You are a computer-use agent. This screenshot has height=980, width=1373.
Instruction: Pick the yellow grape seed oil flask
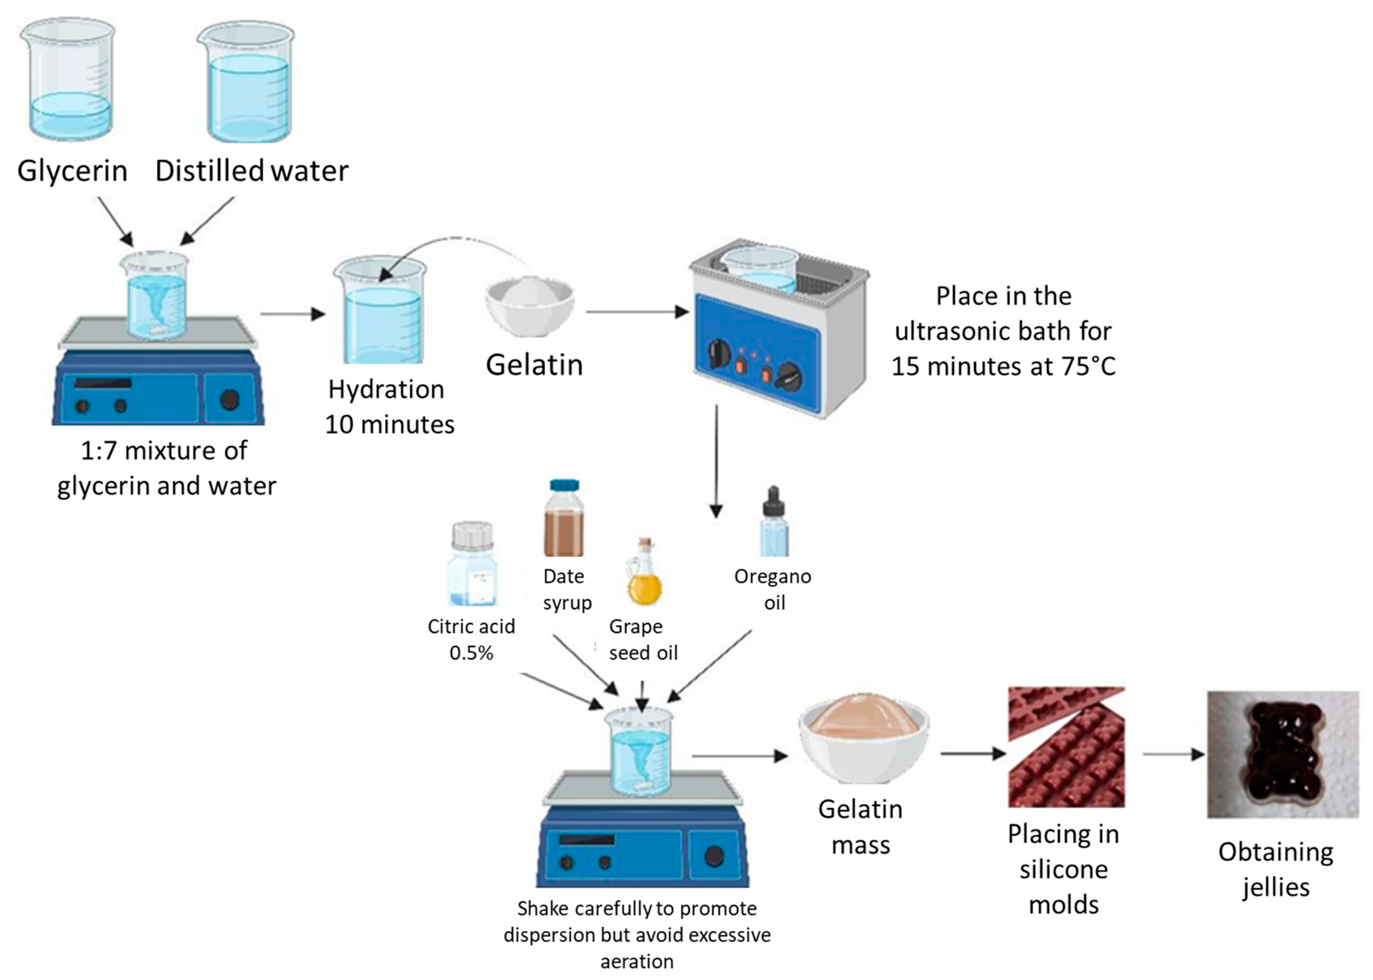point(644,572)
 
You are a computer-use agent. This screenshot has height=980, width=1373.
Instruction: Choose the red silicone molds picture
point(1066,747)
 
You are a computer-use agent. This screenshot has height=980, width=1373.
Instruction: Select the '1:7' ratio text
point(99,451)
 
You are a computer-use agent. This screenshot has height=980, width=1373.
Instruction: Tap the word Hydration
point(386,390)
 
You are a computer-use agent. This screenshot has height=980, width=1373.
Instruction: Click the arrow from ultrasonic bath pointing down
point(716,461)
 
